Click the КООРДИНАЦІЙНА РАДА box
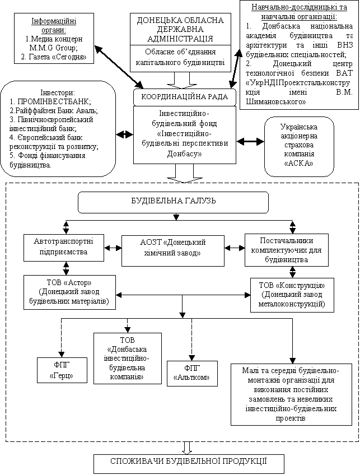pos(184,97)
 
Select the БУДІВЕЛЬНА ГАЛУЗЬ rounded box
pos(173,202)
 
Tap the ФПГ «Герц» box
pos(62,370)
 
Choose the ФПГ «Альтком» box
pos(192,373)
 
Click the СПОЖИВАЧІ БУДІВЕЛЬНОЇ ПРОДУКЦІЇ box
pos(189,463)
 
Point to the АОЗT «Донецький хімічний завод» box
pos(173,250)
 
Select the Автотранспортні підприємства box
pos(64,248)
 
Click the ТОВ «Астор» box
pos(69,292)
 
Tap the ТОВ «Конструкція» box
pos(292,295)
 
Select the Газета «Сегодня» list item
pos(54,57)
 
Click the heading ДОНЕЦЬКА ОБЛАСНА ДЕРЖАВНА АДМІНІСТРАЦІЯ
pos(180,29)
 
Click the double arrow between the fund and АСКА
pos(250,141)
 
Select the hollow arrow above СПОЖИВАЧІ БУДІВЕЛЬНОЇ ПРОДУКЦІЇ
pos(188,448)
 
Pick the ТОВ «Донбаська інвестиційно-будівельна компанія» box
pos(128,358)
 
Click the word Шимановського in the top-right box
pos(276,102)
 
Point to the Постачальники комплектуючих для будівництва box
pos(287,250)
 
